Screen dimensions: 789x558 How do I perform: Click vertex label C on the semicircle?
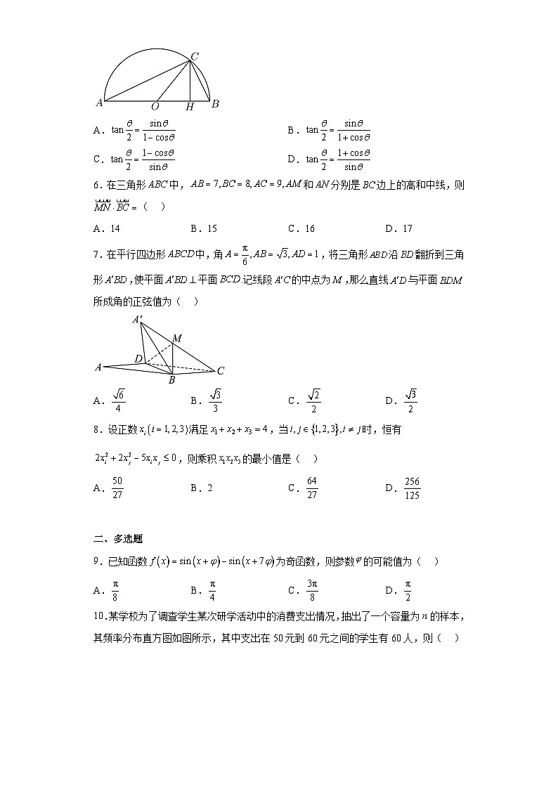195,56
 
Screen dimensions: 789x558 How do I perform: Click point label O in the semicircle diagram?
155,107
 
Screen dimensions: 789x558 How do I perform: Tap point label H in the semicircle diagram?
189,107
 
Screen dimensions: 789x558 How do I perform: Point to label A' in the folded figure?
138,320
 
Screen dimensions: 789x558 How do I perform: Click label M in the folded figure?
177,339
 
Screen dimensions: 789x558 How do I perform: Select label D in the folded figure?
139,359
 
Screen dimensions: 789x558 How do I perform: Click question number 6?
98,185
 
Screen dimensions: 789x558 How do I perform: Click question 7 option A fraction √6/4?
119,400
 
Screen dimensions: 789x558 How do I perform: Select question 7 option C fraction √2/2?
313,400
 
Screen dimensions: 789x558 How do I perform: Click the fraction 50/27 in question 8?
118,488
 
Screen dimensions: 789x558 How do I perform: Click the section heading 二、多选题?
118,540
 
